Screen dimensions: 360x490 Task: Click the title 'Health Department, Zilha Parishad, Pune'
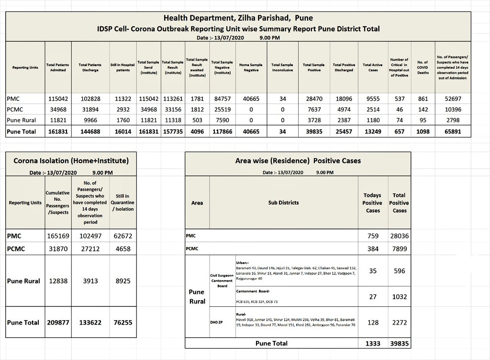coord(238,18)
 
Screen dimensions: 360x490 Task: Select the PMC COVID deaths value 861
coord(423,99)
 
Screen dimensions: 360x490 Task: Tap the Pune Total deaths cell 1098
coord(423,131)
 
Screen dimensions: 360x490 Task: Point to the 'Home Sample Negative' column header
coord(251,67)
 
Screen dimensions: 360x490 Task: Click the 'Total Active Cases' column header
coord(373,67)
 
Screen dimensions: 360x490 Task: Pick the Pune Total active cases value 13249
coord(373,131)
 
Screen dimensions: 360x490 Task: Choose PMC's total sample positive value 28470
coord(313,99)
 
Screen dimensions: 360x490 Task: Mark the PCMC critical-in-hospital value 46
coord(399,109)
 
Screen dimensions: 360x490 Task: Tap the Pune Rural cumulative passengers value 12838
coord(59,281)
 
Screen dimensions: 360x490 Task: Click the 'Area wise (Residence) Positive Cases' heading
coord(298,161)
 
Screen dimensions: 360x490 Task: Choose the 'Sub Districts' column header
coord(283,202)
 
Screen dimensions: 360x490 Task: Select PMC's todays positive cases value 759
coord(373,236)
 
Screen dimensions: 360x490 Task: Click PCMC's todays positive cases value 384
coord(373,249)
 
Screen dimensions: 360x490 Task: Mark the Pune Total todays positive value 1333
coord(373,343)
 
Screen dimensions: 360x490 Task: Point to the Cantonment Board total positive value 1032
coord(400,297)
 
